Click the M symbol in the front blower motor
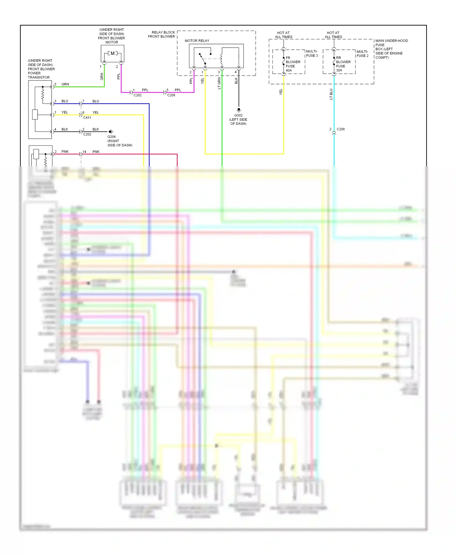(x=113, y=53)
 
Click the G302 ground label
(x=238, y=115)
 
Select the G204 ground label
(x=111, y=137)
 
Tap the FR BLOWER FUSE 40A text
(x=292, y=64)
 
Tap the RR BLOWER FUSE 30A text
(x=343, y=64)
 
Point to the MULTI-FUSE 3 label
(x=312, y=53)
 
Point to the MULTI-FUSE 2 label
(x=362, y=54)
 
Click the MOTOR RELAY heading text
(x=197, y=41)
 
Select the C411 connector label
(x=87, y=117)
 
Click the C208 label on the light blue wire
(x=341, y=129)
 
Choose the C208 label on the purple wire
(x=171, y=95)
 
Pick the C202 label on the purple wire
(x=137, y=95)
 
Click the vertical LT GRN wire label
(x=219, y=83)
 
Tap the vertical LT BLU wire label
(x=331, y=94)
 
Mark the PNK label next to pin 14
(x=96, y=152)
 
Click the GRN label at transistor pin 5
(x=65, y=84)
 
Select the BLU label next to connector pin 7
(x=96, y=101)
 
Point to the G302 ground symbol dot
(x=239, y=109)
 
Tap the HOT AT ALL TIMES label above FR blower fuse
(x=283, y=35)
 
